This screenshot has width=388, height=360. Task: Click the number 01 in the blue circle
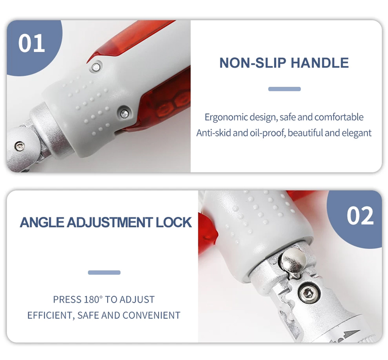coord(32,43)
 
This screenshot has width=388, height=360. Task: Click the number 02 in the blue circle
coord(360,215)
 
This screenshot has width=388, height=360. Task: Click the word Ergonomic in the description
coord(226,117)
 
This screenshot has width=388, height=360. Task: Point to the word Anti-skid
coord(213,133)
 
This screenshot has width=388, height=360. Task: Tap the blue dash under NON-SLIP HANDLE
coord(284,89)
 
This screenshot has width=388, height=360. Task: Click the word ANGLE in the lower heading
coord(42,222)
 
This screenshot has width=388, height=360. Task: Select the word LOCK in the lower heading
coord(174,222)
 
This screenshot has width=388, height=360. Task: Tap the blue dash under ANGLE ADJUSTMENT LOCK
coord(104,272)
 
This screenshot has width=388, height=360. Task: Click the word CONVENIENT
coord(151,315)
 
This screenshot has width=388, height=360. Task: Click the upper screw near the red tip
coord(96,67)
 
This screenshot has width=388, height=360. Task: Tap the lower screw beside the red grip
coord(124,114)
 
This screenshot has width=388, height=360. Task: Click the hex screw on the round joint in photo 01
coord(19,146)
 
